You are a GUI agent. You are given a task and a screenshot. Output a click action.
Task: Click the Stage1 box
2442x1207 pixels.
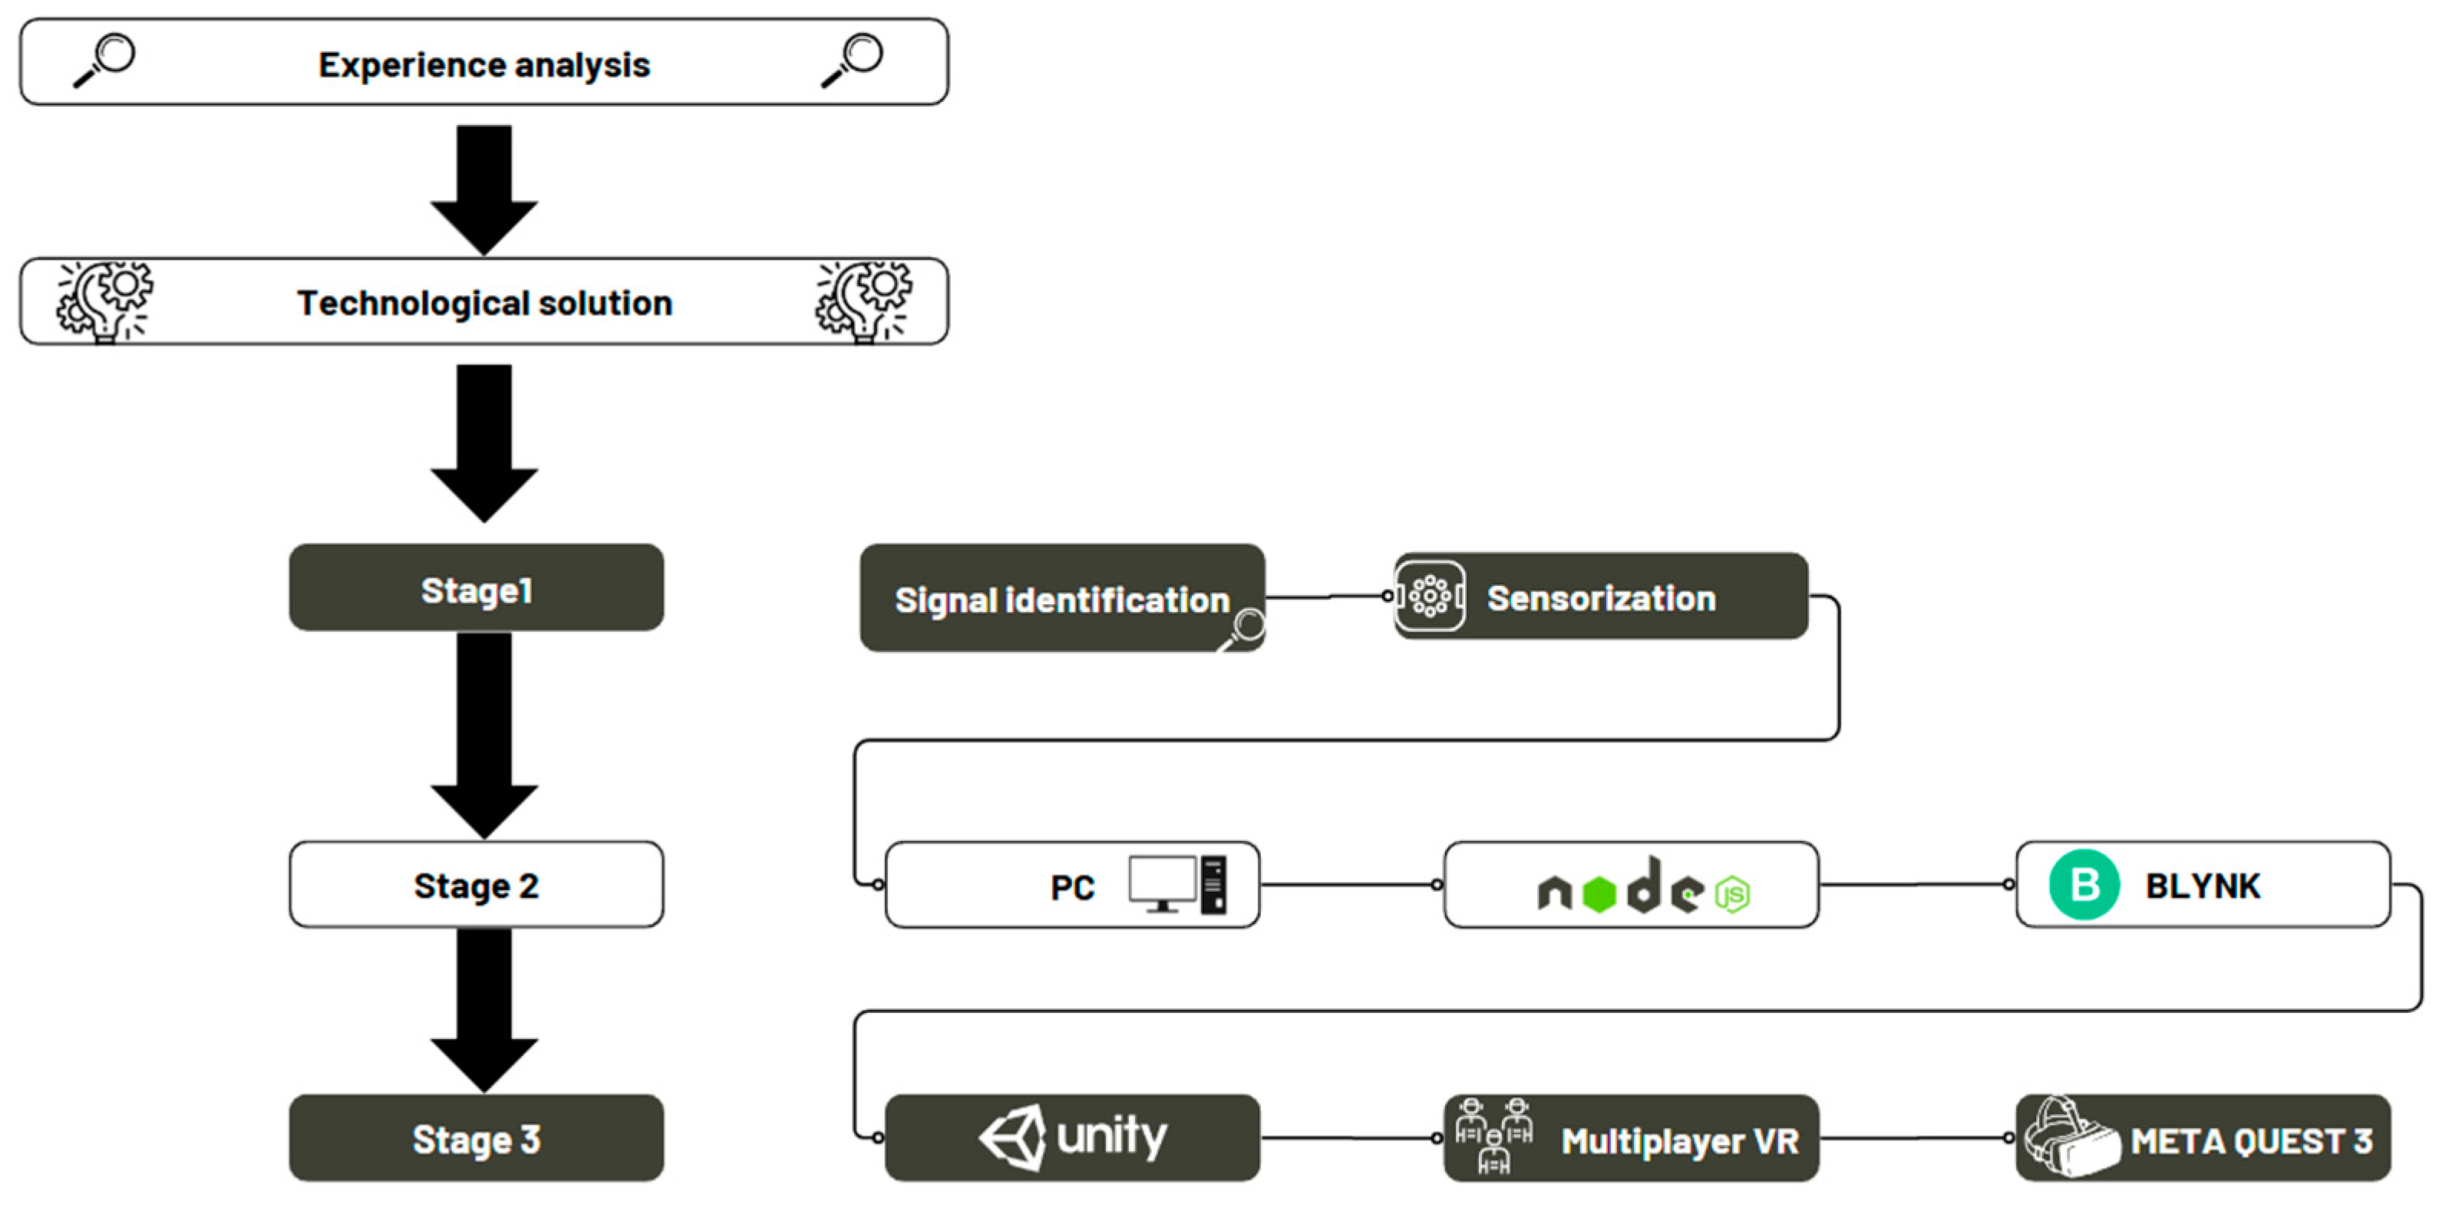click(x=476, y=587)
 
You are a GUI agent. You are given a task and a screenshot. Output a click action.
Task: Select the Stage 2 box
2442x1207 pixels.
click(x=476, y=885)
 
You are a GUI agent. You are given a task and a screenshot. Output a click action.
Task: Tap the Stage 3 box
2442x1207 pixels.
click(x=476, y=1138)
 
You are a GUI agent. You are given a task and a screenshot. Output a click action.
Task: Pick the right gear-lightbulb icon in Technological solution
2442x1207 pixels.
click(x=863, y=301)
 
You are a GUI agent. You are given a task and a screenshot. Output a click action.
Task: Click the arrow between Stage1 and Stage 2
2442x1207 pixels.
click(x=483, y=733)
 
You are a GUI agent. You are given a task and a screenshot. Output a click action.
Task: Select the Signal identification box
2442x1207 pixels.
click(x=1061, y=598)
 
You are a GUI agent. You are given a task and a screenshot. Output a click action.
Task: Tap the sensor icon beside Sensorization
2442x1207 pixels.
click(x=1430, y=596)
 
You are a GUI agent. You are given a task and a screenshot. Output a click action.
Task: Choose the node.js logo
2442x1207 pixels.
click(x=1643, y=889)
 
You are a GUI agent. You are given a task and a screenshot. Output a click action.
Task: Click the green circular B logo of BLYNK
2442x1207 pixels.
click(x=2084, y=885)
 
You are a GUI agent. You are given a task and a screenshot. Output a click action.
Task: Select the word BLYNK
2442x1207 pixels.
click(x=2202, y=886)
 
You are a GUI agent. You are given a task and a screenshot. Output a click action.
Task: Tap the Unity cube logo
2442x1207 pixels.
click(x=1012, y=1137)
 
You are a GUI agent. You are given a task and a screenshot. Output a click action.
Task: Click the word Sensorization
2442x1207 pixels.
click(x=1601, y=598)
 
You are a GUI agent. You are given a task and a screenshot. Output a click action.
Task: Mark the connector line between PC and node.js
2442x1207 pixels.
click(x=1350, y=885)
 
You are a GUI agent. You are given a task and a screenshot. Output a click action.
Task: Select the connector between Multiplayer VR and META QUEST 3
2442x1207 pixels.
click(x=1915, y=1138)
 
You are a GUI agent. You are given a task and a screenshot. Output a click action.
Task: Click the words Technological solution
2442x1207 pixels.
click(x=484, y=303)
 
